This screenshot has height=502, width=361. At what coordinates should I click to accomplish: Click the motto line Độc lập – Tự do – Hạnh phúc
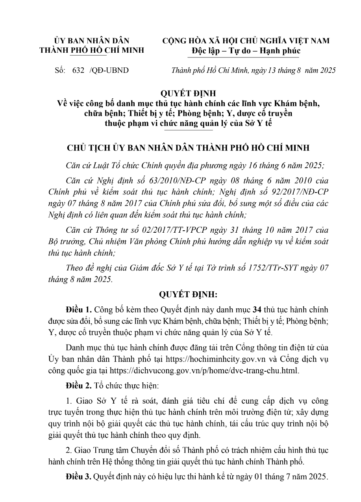point(246,51)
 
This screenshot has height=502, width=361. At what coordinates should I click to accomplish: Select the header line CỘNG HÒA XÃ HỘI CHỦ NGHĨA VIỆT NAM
point(246,41)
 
